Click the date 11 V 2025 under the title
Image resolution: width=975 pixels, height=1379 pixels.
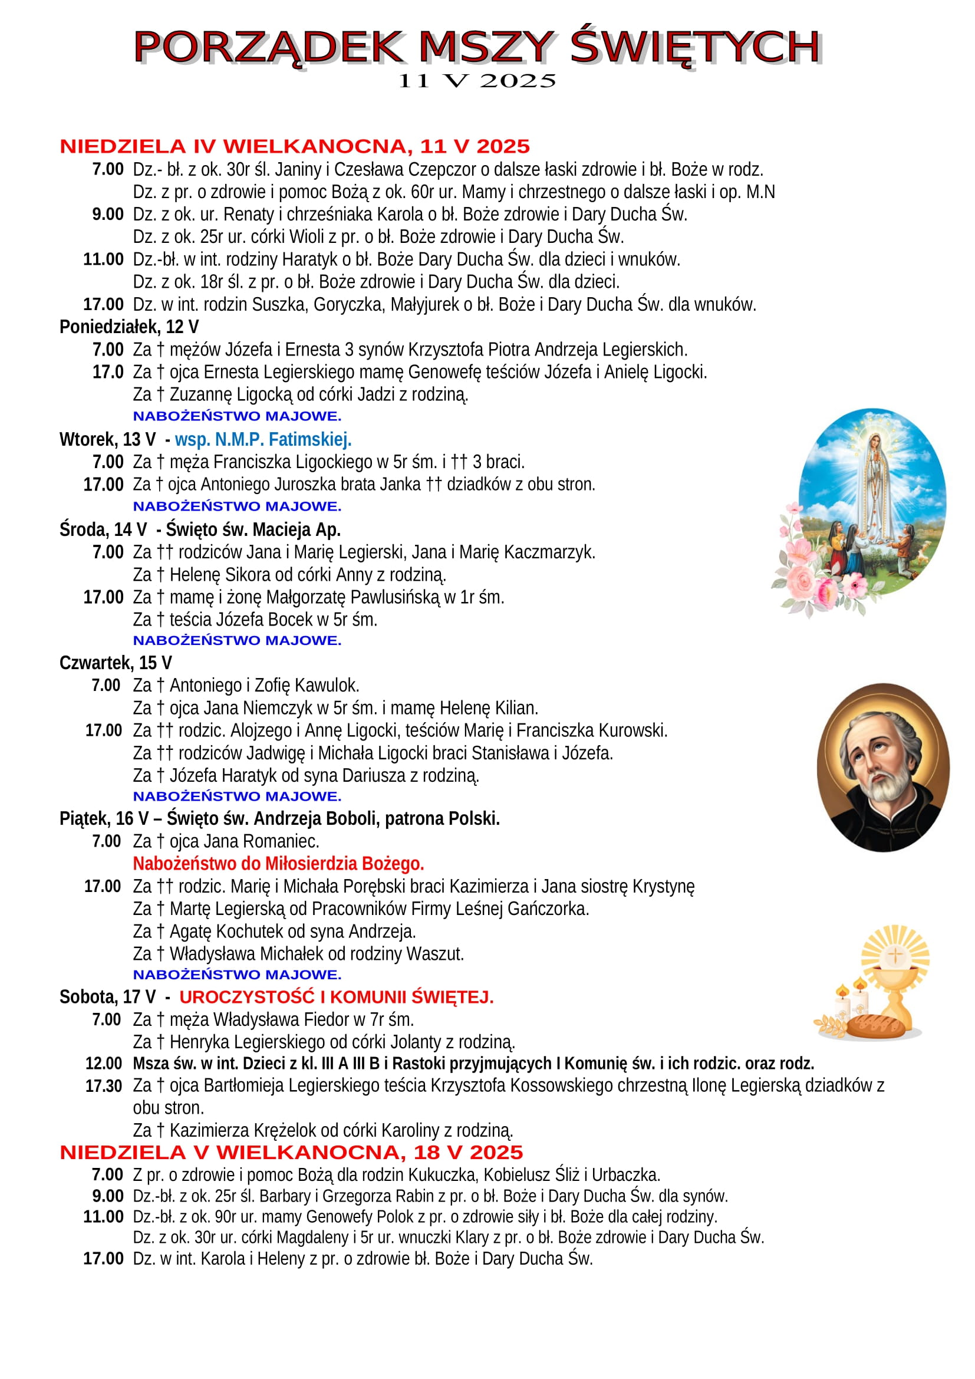[477, 81]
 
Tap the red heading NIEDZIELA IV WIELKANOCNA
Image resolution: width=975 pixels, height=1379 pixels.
[294, 147]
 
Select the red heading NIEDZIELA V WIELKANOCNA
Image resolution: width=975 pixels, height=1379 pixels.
[291, 1152]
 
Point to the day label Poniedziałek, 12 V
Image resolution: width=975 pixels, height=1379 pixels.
[129, 327]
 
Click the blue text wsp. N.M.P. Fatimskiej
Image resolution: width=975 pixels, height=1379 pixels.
[263, 440]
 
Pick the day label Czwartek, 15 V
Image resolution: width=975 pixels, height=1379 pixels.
[116, 663]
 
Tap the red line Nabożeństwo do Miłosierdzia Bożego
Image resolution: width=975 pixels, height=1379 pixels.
[278, 864]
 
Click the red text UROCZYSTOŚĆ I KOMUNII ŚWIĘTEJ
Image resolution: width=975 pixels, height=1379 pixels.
[336, 997]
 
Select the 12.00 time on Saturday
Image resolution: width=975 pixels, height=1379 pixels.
[104, 1063]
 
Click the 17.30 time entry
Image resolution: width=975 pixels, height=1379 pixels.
[104, 1086]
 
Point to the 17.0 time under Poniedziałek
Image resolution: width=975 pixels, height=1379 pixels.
[108, 373]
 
